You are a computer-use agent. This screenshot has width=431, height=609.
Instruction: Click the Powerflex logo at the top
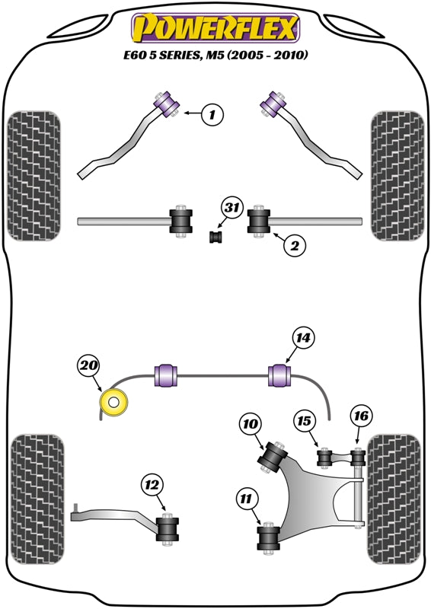pos(215,28)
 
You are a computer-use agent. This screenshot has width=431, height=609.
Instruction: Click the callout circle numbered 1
pos(213,115)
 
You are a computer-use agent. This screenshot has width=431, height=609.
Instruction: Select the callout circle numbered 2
pos(295,245)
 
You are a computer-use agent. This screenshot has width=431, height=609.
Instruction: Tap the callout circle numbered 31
pos(231,208)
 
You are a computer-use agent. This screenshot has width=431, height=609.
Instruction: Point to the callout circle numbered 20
pos(89,366)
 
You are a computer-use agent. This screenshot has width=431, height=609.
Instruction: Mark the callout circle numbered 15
pos(306,421)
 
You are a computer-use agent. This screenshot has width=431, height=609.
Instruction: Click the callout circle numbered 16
pos(362,416)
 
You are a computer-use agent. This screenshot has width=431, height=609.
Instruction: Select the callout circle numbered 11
pos(247,499)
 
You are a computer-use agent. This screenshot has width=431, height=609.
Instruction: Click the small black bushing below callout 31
pos(215,237)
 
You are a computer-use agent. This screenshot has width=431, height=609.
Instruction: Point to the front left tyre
pos(33,175)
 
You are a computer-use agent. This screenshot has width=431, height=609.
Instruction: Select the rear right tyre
pos(394,499)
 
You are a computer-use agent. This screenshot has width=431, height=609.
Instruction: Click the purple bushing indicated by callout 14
pos(281,375)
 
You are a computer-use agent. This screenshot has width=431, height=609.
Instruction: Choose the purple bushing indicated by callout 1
pos(165,100)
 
